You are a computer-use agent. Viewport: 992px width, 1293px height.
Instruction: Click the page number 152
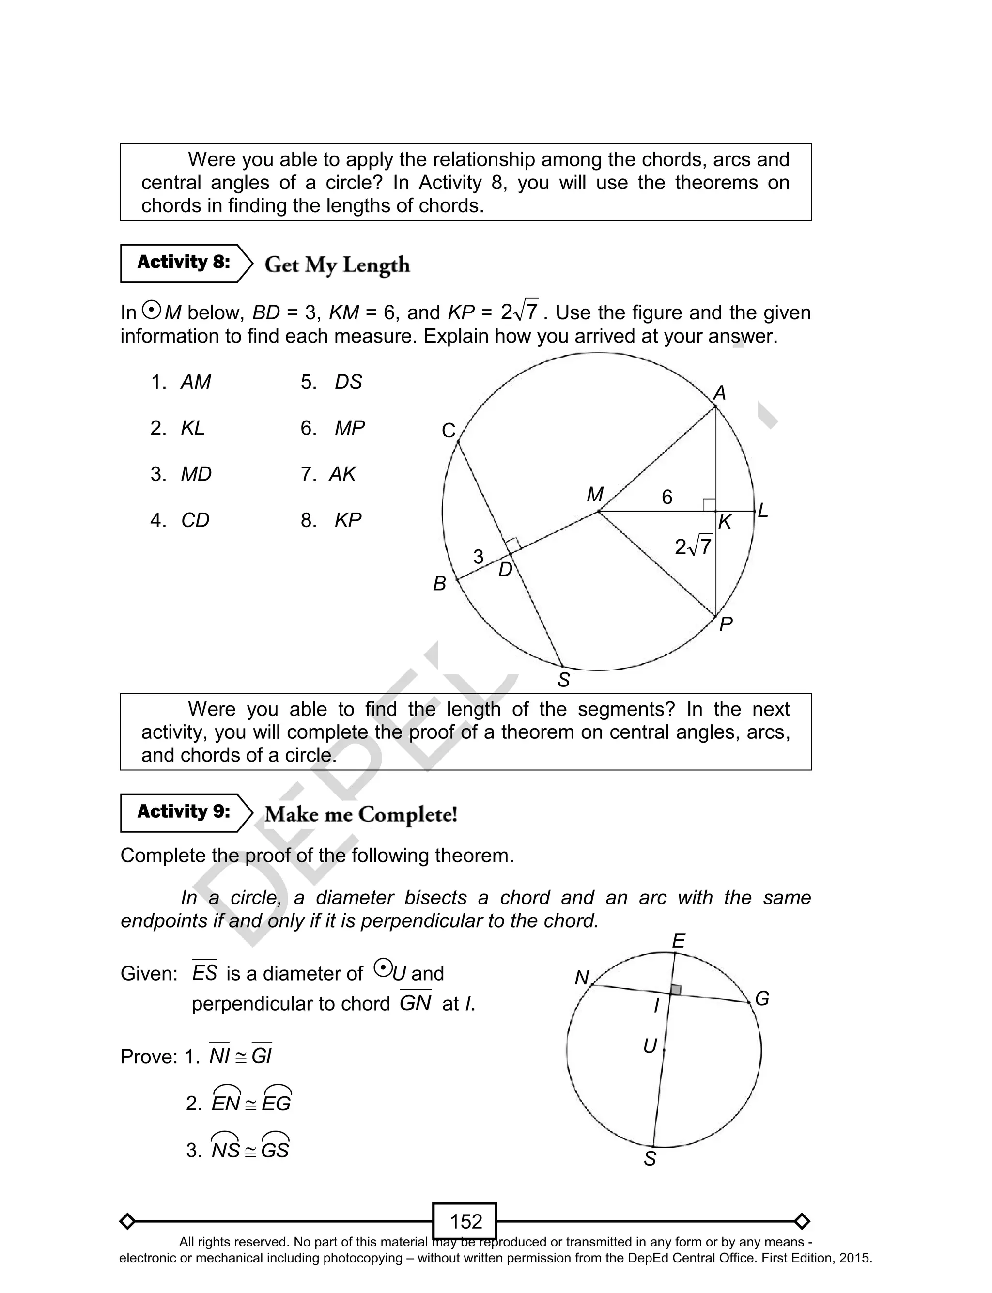pyautogui.click(x=465, y=1221)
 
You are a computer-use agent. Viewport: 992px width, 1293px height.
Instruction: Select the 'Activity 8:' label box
pyautogui.click(x=184, y=262)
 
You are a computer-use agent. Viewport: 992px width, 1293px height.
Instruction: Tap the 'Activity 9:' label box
pyautogui.click(x=184, y=812)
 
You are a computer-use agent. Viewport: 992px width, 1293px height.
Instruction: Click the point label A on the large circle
pyautogui.click(x=719, y=392)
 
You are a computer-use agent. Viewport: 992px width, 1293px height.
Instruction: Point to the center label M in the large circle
pyautogui.click(x=595, y=494)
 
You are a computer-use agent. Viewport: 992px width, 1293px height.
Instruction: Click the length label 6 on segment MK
pyautogui.click(x=666, y=497)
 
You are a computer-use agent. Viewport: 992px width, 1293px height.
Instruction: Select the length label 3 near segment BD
pyautogui.click(x=478, y=556)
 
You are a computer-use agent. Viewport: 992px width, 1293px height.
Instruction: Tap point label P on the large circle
pyautogui.click(x=726, y=624)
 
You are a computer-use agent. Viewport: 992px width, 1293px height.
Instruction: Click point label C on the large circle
pyautogui.click(x=449, y=430)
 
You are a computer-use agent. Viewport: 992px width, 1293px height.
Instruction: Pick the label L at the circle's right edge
pyautogui.click(x=762, y=511)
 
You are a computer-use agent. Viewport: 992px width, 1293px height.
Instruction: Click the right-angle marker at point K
pyautogui.click(x=709, y=505)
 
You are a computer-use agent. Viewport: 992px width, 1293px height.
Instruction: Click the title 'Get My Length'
pyautogui.click(x=337, y=265)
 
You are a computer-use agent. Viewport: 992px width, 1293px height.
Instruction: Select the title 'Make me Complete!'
pyautogui.click(x=361, y=814)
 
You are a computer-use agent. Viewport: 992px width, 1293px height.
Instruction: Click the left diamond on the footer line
pyautogui.click(x=127, y=1221)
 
